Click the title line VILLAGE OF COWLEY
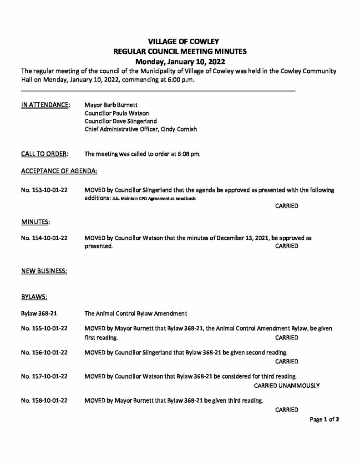(180, 42)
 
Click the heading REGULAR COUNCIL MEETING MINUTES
(180, 52)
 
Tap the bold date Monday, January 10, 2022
(180, 61)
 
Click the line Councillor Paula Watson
(117, 113)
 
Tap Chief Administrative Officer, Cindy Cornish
(141, 129)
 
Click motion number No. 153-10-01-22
(45, 189)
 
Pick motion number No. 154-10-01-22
(45, 238)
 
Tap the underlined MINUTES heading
(35, 222)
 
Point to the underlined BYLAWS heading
(35, 297)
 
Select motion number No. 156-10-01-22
(45, 353)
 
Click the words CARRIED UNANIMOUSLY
(286, 385)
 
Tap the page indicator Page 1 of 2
(325, 420)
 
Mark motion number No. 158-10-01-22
(45, 400)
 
